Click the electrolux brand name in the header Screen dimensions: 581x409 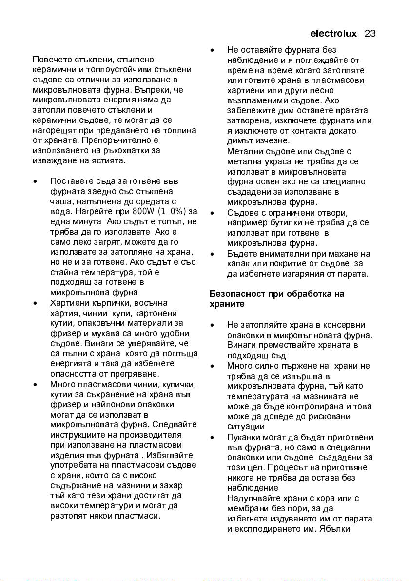333,34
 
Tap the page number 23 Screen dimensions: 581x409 370,34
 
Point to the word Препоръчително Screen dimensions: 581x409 117,140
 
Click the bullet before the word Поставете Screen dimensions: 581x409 35,181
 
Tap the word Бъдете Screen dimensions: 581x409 240,253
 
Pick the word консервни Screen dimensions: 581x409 351,325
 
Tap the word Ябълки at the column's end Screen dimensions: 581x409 356,528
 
